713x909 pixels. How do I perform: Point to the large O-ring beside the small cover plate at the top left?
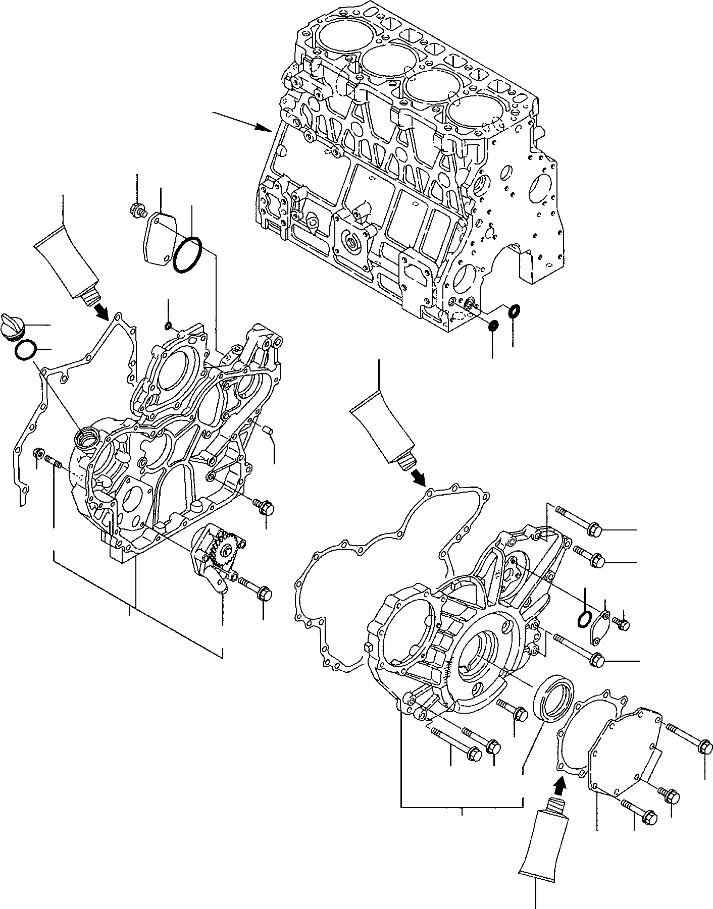tap(188, 255)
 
